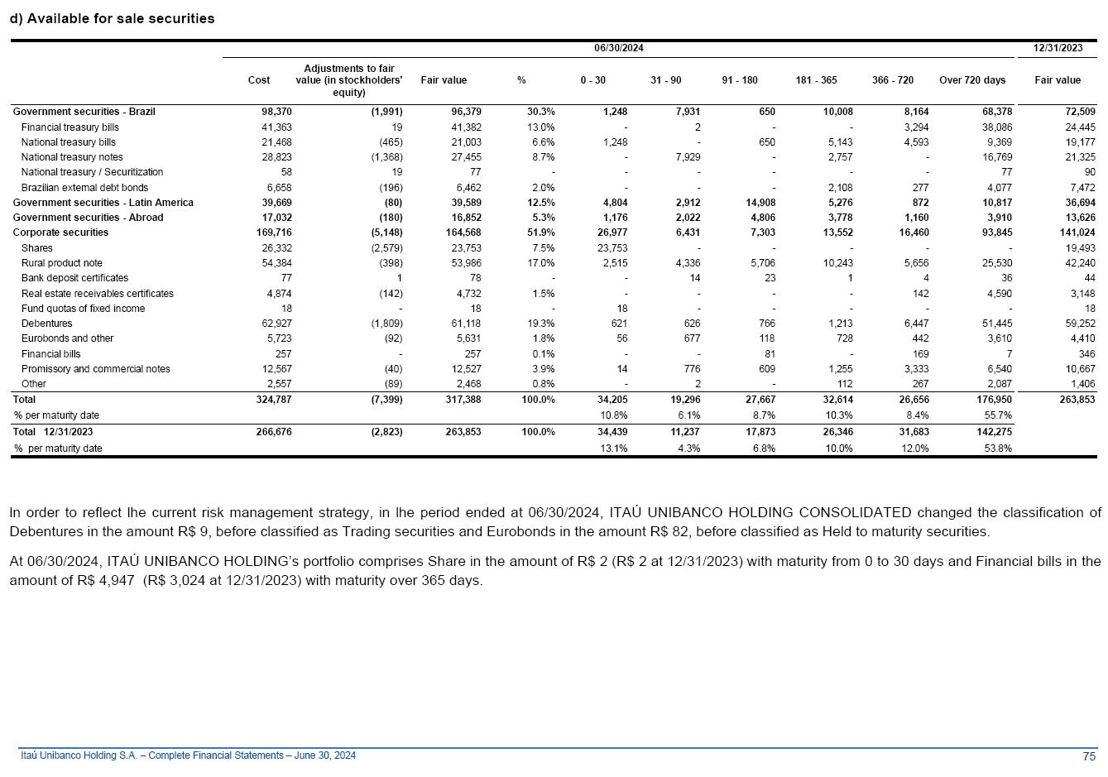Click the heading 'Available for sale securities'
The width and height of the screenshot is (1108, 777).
click(x=120, y=18)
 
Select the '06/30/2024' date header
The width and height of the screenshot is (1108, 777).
click(x=618, y=48)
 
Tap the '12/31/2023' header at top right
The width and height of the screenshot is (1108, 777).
click(x=1058, y=48)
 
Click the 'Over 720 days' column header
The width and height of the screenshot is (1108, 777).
click(x=972, y=80)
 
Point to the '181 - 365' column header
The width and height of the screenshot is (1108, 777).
click(x=816, y=80)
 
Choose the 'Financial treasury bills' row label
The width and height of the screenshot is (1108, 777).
click(x=70, y=127)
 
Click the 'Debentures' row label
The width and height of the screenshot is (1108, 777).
click(x=46, y=324)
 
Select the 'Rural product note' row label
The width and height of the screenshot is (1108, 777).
click(x=61, y=263)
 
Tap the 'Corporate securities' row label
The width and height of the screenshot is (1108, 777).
click(x=60, y=233)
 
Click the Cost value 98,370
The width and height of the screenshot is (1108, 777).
click(x=276, y=112)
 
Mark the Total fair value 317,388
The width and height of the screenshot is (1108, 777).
click(x=463, y=399)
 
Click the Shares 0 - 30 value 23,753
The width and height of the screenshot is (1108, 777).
click(x=612, y=248)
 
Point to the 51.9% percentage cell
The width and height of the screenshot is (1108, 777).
click(x=541, y=233)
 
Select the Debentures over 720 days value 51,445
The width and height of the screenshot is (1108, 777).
click(x=994, y=324)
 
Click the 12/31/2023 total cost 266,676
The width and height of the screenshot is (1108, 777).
click(x=276, y=432)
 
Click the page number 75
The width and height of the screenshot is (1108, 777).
click(x=1089, y=756)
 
